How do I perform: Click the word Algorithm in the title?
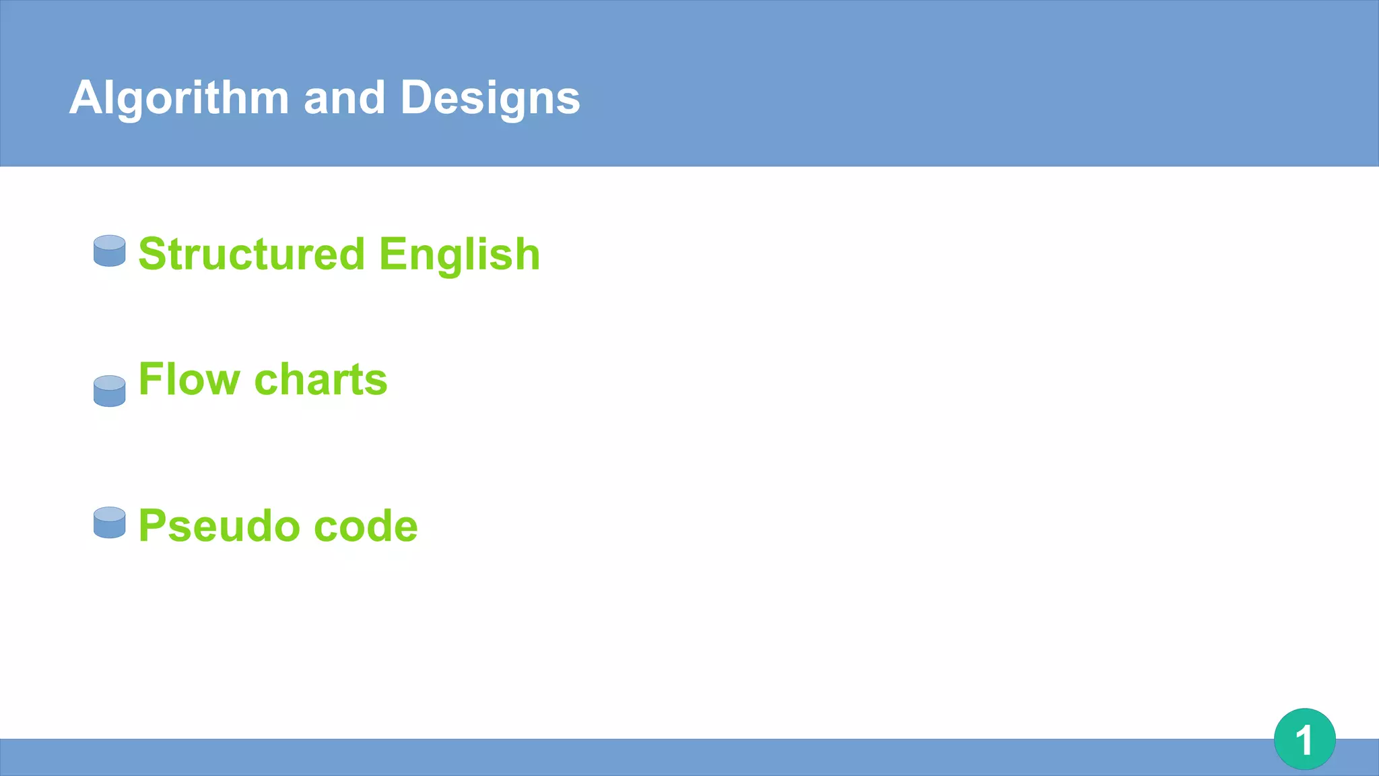point(179,98)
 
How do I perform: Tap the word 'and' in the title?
point(344,98)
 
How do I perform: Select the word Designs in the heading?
point(490,98)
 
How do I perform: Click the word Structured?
point(251,255)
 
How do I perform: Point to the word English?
point(459,255)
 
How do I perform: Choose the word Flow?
point(189,379)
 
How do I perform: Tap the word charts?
point(321,379)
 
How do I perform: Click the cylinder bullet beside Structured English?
point(110,251)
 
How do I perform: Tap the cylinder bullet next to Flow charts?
point(110,391)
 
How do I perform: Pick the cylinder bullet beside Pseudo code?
point(110,522)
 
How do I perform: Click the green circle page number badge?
point(1304,739)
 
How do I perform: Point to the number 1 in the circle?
point(1304,740)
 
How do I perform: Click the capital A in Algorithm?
point(85,98)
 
